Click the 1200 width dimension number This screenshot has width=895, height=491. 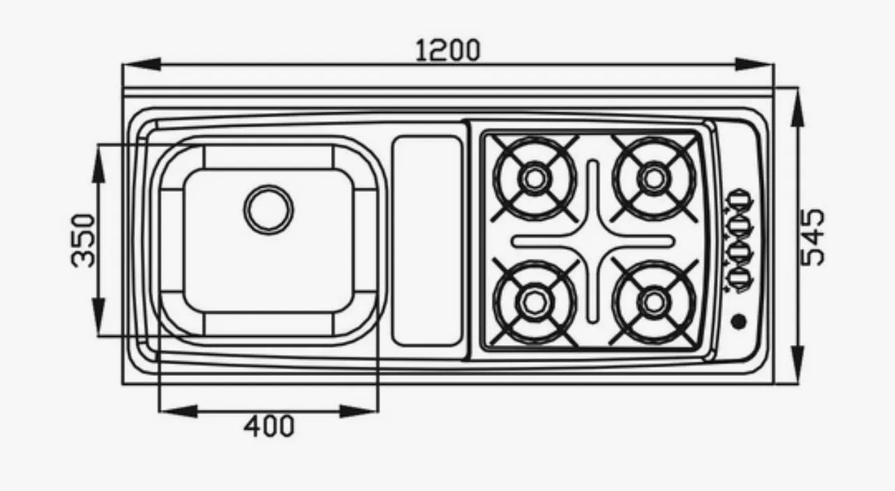[x=448, y=50]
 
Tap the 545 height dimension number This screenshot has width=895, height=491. [x=812, y=237]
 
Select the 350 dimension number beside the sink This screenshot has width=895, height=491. [x=83, y=240]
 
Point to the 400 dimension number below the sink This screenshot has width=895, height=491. [x=269, y=425]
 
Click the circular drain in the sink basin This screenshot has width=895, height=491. [x=268, y=209]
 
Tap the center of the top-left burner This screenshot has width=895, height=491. [x=534, y=178]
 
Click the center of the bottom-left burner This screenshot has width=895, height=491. [x=534, y=301]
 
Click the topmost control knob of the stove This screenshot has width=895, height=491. [x=739, y=199]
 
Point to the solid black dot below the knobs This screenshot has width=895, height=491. [x=738, y=321]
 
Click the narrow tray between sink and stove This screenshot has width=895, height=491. [x=427, y=240]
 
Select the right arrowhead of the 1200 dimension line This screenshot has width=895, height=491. [x=755, y=64]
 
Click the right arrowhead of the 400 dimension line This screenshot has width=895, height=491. [x=359, y=411]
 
